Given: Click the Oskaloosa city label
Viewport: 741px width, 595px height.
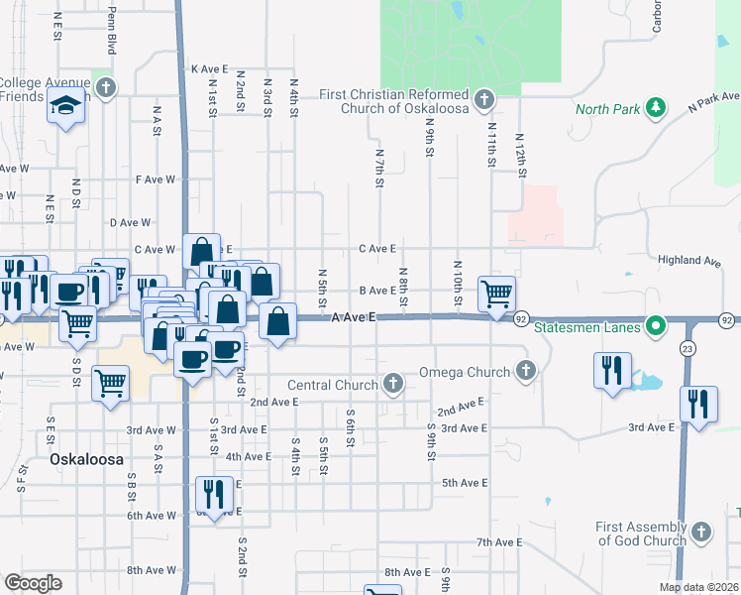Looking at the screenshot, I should pyautogui.click(x=85, y=461).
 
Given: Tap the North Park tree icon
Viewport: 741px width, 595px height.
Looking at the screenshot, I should pyautogui.click(x=654, y=108).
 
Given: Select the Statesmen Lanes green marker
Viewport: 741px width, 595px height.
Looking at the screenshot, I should pyautogui.click(x=654, y=326).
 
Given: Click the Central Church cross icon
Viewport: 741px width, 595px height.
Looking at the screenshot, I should pyautogui.click(x=393, y=384).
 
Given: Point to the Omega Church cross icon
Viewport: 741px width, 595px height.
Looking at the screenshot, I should pyautogui.click(x=526, y=372).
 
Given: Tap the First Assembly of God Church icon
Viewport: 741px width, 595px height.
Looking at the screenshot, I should pyautogui.click(x=702, y=533).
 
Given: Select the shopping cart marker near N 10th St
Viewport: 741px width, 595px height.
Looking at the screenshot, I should pyautogui.click(x=495, y=293).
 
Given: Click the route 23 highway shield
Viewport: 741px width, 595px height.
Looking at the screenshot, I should pyautogui.click(x=688, y=348).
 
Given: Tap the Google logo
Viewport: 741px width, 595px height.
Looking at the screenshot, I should pyautogui.click(x=33, y=583).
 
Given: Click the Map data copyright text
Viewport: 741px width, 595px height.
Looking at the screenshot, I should pyautogui.click(x=698, y=587).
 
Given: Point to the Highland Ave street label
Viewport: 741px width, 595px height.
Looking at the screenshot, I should pyautogui.click(x=689, y=260).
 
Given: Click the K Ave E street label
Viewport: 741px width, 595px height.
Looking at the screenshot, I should pyautogui.click(x=209, y=69).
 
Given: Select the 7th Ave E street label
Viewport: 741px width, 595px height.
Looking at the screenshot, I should pyautogui.click(x=498, y=542).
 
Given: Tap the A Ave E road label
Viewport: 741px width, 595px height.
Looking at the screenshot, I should pyautogui.click(x=355, y=317).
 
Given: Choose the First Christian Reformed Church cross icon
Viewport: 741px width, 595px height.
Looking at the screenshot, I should pyautogui.click(x=483, y=100).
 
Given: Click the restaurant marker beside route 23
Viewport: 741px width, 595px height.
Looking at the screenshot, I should pyautogui.click(x=699, y=404).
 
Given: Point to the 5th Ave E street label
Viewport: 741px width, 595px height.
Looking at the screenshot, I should pyautogui.click(x=465, y=483).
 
